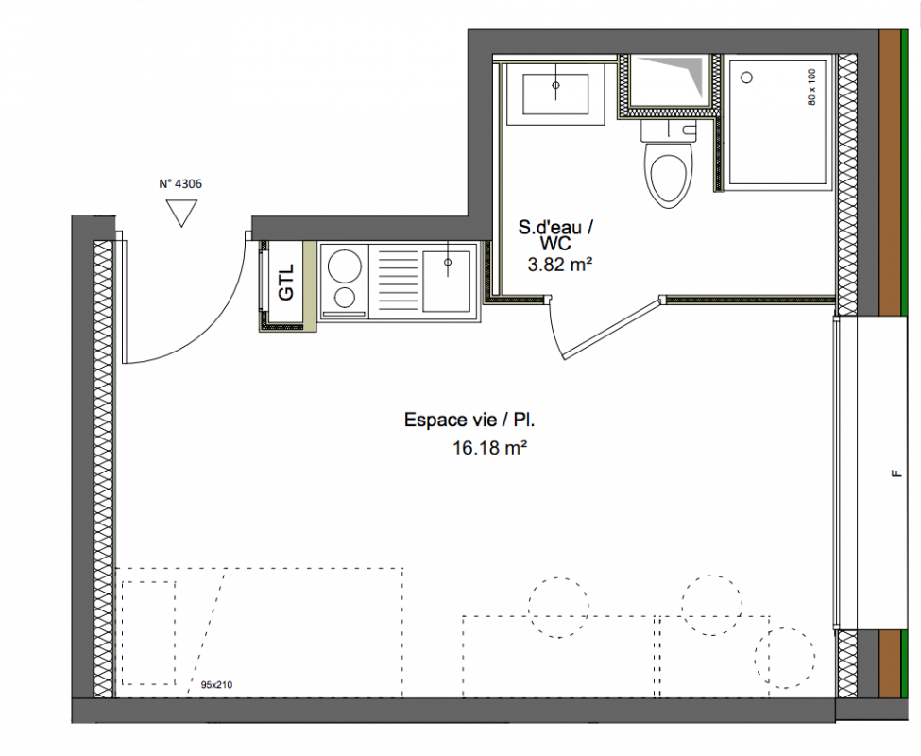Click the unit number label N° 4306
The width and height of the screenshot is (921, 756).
pos(180,184)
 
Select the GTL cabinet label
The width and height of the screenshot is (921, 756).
pos(286,283)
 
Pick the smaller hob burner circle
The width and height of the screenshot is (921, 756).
pos(344,298)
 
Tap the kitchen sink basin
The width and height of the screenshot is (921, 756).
pos(447,282)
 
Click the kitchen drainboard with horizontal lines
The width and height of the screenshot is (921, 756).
pos(395,282)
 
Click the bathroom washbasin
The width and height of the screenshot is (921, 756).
pos(555,94)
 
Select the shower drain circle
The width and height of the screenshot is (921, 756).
pos(747,77)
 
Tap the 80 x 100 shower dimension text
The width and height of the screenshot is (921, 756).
pos(811,88)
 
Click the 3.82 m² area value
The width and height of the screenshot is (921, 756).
pos(559,265)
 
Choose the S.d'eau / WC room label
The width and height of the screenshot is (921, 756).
pos(555,234)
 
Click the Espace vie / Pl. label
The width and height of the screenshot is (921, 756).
pos(469,420)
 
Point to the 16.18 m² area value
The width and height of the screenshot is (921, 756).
pos(488,448)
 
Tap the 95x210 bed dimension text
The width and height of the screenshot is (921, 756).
pos(216,685)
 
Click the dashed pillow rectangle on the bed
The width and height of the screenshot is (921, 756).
pos(148,633)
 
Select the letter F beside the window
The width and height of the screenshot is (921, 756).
pos(895,473)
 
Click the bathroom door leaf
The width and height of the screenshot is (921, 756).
pos(612,329)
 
